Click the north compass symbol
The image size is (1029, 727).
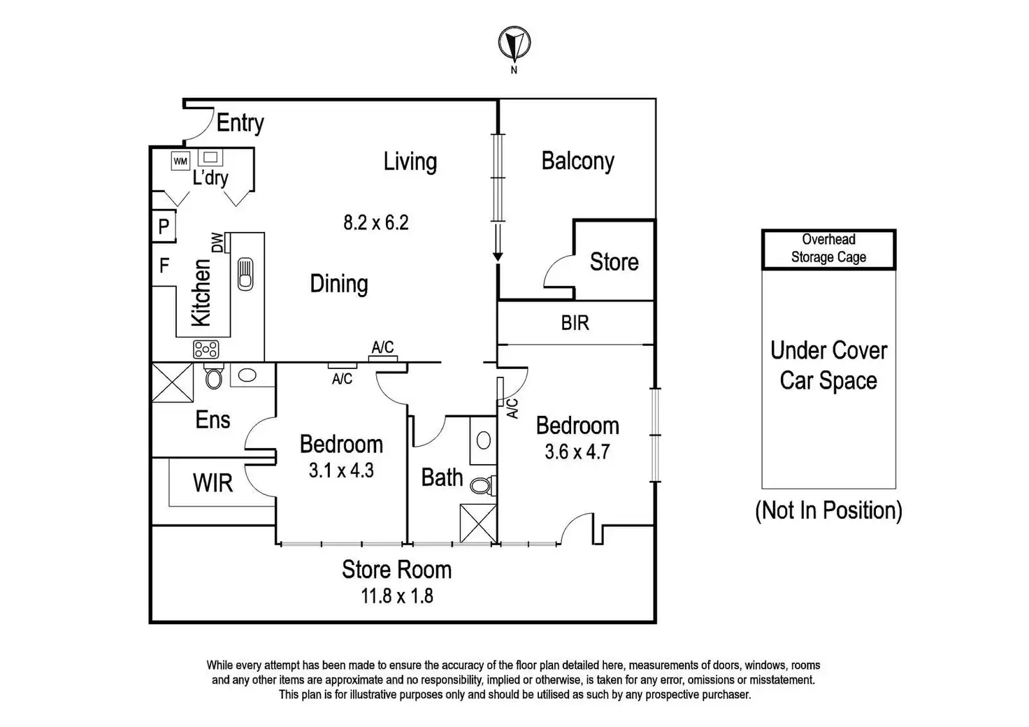514,43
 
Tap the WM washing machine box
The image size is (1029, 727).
180,161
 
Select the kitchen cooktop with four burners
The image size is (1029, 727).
206,350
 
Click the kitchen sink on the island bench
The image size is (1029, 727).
245,274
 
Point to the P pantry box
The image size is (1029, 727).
164,226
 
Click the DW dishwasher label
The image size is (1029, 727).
217,243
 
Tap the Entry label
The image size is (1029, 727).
240,123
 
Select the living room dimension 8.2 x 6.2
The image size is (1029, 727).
376,223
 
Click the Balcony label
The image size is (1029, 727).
577,161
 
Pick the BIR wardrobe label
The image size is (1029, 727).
575,323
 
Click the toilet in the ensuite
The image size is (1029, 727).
214,376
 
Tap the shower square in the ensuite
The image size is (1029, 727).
173,382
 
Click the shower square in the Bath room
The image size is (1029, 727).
478,523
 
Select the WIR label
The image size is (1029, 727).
213,483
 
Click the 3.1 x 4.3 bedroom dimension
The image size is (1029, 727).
341,470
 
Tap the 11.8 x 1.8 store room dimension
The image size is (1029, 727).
397,596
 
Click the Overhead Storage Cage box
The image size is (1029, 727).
828,249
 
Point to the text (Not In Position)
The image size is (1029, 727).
828,510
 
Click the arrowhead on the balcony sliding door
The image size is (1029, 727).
498,257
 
